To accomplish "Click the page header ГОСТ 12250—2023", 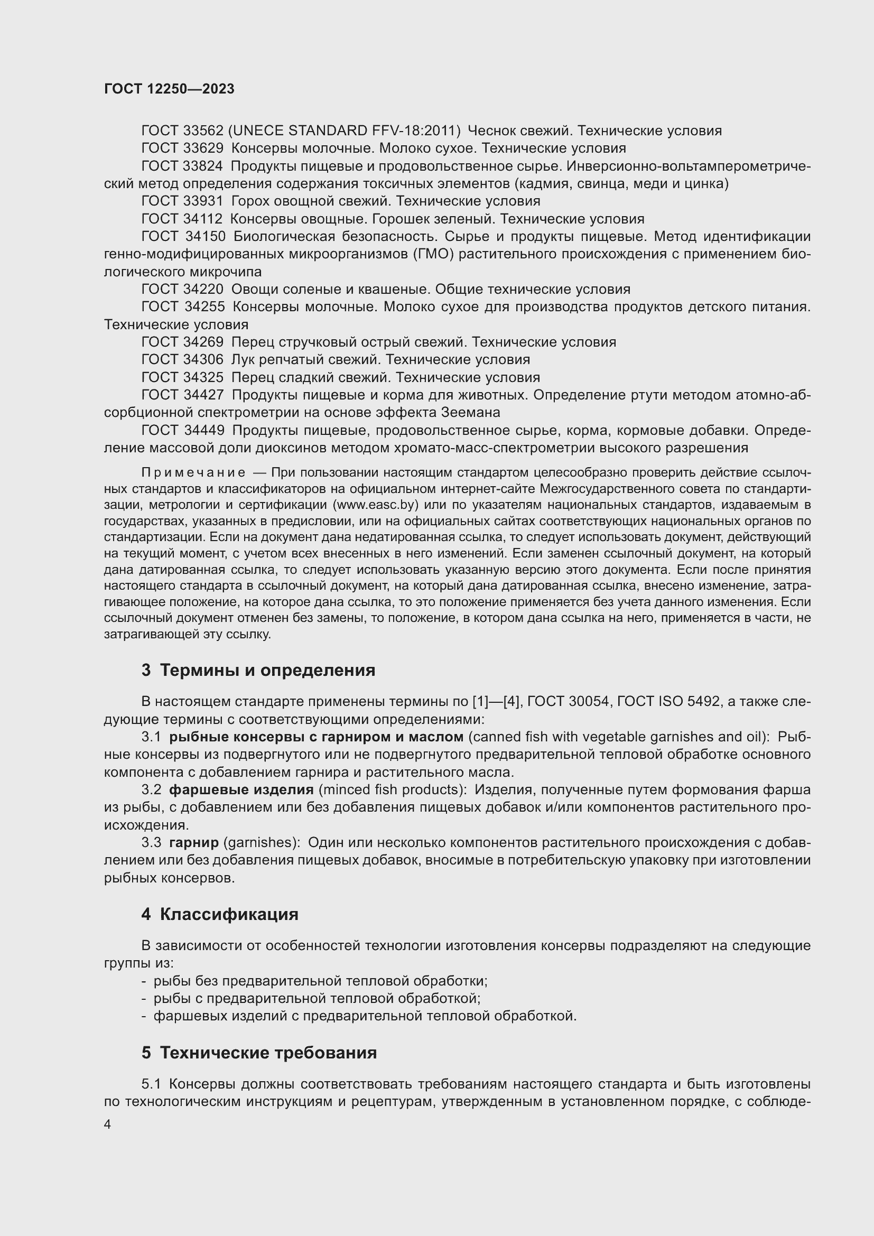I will (169, 89).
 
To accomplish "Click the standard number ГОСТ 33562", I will (182, 131).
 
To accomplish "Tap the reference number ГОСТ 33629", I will (182, 148).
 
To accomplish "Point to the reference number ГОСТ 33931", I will (182, 201).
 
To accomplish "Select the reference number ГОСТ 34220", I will (182, 290).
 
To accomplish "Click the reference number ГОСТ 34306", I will (182, 360).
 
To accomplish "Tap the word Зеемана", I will (470, 413).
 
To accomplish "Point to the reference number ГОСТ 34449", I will (182, 431).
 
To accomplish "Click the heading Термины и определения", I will (267, 671).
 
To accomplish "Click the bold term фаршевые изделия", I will (241, 790).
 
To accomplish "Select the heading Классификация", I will (229, 915).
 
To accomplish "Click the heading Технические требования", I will (268, 1053).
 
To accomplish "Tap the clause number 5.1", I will (151, 1084).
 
